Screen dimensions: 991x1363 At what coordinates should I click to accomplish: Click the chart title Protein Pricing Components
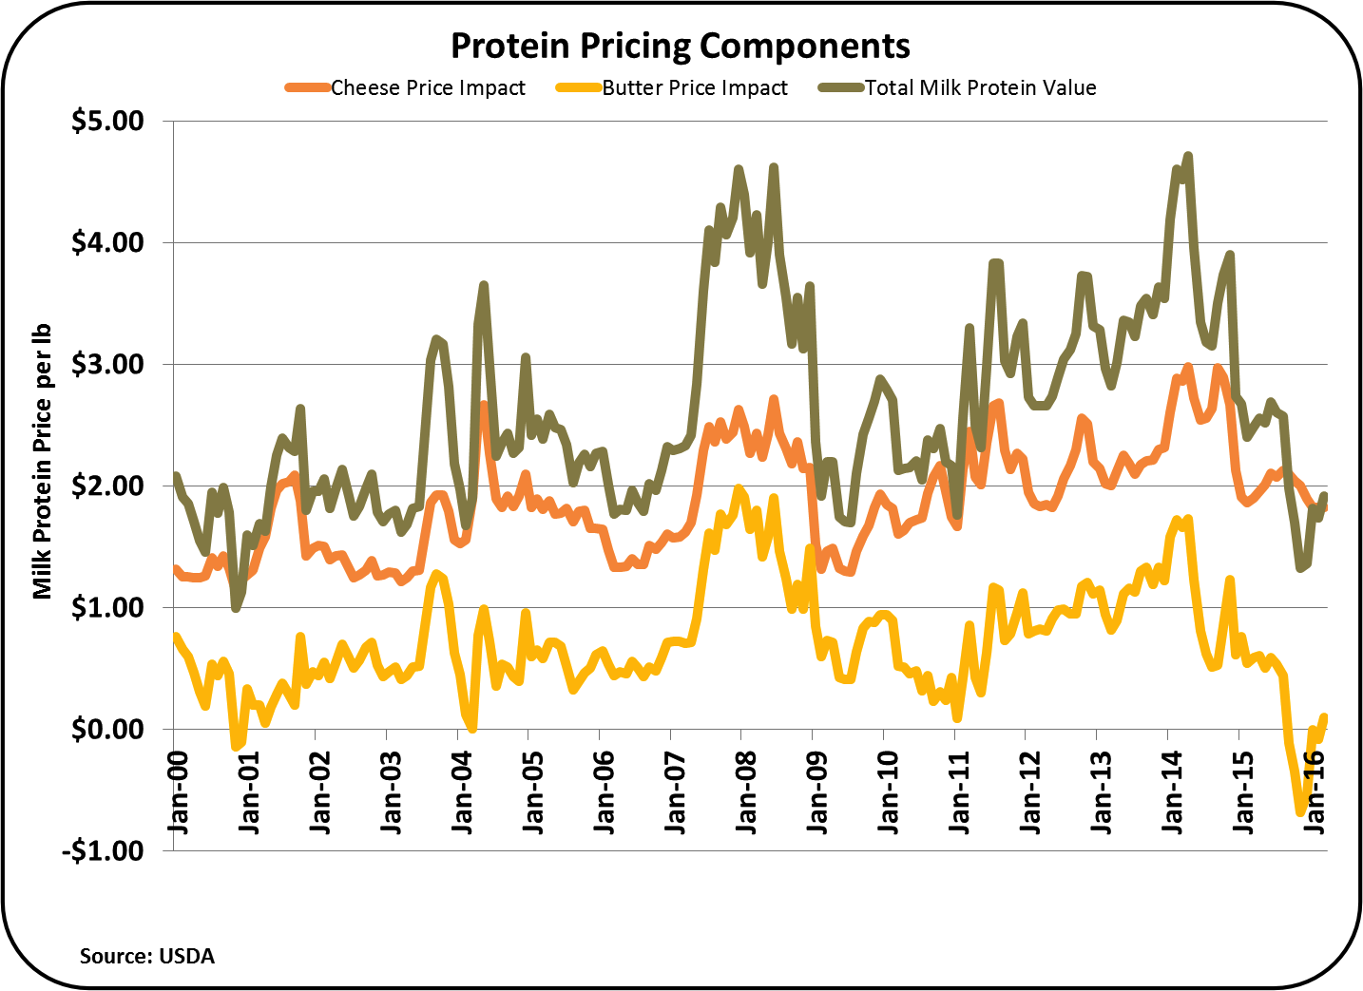(681, 46)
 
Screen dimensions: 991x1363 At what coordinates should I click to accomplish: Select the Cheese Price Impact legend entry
(427, 88)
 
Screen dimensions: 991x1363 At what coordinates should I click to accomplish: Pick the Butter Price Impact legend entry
(694, 88)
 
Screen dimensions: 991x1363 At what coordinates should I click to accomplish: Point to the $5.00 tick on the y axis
(107, 122)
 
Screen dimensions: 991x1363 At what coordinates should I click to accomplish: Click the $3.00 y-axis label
(107, 365)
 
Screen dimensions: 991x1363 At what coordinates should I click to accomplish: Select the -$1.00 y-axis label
(103, 850)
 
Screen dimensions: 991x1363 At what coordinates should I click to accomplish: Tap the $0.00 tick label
(107, 730)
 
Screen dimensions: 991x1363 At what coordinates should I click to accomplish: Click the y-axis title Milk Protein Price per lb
(42, 462)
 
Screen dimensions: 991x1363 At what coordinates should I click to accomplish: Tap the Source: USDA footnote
(147, 956)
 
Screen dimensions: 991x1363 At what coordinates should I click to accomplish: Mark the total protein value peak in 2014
(1188, 156)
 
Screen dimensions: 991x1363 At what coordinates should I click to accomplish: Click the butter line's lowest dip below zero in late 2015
(1299, 811)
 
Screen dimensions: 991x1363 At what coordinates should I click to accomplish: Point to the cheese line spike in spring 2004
(484, 405)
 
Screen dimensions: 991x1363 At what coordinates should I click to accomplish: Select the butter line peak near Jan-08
(739, 488)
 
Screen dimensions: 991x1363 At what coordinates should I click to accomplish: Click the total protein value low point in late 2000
(236, 608)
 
